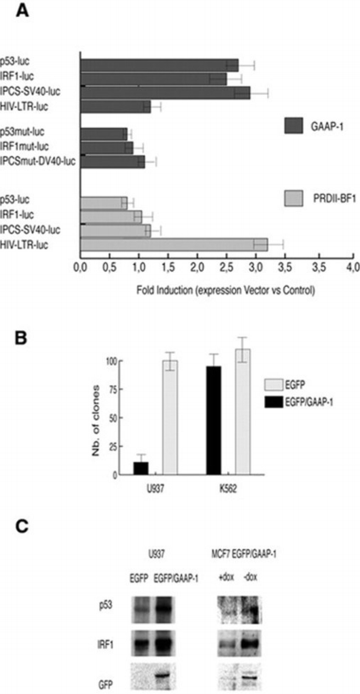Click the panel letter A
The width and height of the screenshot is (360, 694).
22,11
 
